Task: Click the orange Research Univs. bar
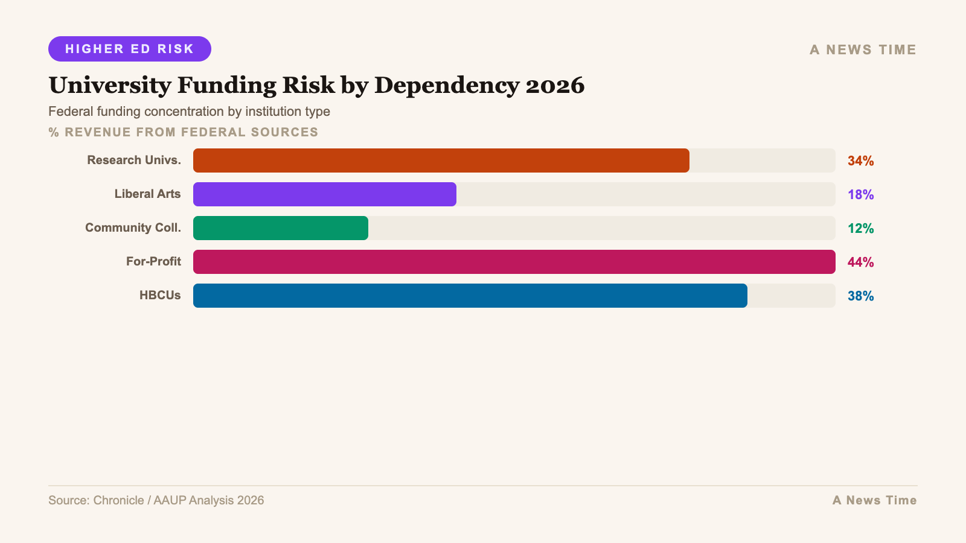[x=441, y=160]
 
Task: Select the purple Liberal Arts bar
[x=325, y=194]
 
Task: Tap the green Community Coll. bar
[x=281, y=228]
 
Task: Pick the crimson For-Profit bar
[x=514, y=262]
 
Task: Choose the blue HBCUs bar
[x=470, y=296]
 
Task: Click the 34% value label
[x=860, y=161]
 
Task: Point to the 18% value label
[x=860, y=195]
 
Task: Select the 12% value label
[x=860, y=229]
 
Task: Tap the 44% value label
[x=860, y=262]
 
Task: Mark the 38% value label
[x=860, y=296]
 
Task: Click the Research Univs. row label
[x=134, y=160]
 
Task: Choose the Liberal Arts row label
[x=147, y=194]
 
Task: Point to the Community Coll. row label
[x=133, y=228]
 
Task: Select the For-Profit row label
[x=153, y=262]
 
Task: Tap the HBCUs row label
[x=160, y=296]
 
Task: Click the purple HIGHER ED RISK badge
[x=130, y=49]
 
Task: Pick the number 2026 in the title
[x=555, y=85]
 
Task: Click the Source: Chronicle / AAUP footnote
[x=156, y=500]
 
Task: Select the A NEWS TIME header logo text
[x=863, y=50]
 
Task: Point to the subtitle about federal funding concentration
[x=189, y=112]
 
